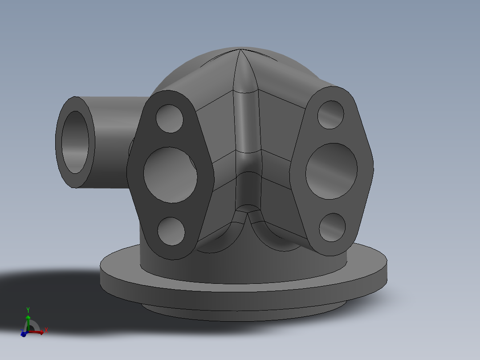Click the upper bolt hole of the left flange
pyautogui.click(x=170, y=119)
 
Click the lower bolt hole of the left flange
pyautogui.click(x=171, y=231)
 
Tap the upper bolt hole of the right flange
pyautogui.click(x=331, y=115)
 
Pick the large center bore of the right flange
pyautogui.click(x=331, y=171)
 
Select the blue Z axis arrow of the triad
pyautogui.click(x=23, y=333)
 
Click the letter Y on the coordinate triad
pyautogui.click(x=28, y=309)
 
